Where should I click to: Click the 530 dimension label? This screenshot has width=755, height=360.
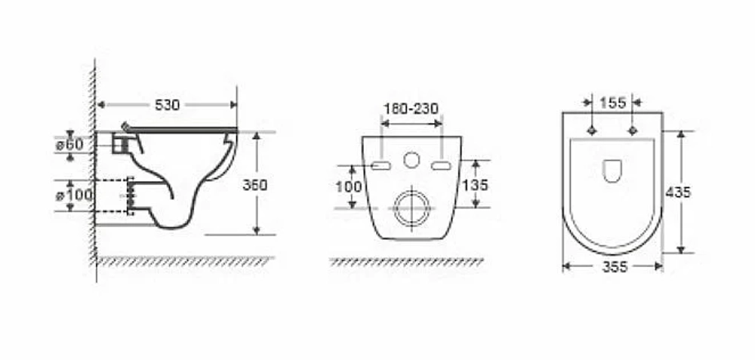tap(167, 105)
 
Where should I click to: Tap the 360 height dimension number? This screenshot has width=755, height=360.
tap(254, 185)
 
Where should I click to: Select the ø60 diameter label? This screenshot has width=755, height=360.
tap(69, 144)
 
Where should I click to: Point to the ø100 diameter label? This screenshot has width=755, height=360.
tap(74, 195)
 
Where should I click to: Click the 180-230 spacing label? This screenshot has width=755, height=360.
tap(411, 109)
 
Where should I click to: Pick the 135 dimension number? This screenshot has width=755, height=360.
tap(476, 185)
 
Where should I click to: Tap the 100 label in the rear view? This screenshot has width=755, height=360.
tap(348, 186)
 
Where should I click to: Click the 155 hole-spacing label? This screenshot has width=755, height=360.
tap(613, 103)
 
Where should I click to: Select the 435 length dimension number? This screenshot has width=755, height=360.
tap(678, 192)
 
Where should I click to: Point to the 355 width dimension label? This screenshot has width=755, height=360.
tap(615, 267)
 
